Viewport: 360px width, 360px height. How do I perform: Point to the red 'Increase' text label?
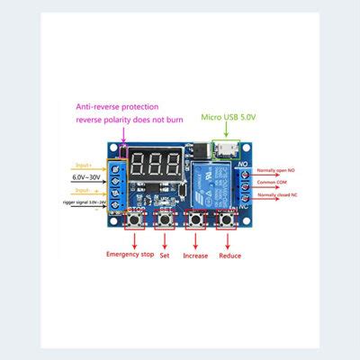[x=195, y=255]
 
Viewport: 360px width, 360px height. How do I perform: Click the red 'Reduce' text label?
[x=229, y=255]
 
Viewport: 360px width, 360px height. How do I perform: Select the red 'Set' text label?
[x=166, y=255]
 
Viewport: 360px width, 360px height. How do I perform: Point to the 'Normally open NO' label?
[x=282, y=169]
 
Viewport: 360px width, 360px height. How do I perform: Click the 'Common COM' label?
[x=281, y=183]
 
